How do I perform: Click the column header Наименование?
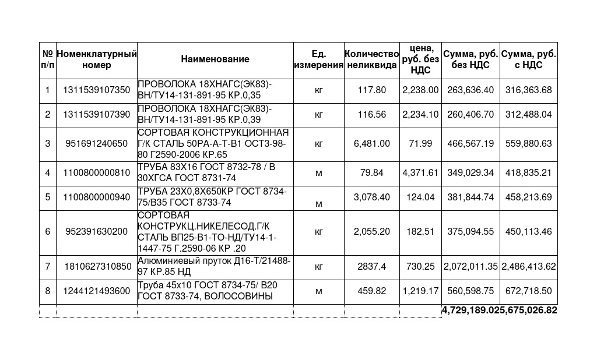(x=215, y=59)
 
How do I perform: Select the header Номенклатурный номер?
(x=97, y=59)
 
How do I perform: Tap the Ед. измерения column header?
(x=318, y=59)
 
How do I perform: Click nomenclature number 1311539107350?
(x=97, y=90)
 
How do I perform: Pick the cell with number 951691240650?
(x=97, y=143)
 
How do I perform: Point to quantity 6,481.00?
(x=372, y=143)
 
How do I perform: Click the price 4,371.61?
(x=420, y=173)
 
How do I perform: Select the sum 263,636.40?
(x=470, y=90)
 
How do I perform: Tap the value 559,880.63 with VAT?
(x=529, y=143)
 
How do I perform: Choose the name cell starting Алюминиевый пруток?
(x=215, y=266)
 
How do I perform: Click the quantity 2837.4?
(x=372, y=266)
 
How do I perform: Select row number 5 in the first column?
(x=48, y=197)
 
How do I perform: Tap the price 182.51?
(x=420, y=232)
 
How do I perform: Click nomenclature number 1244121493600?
(x=97, y=291)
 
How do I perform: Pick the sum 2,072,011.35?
(x=470, y=266)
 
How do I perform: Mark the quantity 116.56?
(x=372, y=115)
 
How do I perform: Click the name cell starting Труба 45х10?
(x=215, y=291)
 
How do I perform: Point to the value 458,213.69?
(x=529, y=197)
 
